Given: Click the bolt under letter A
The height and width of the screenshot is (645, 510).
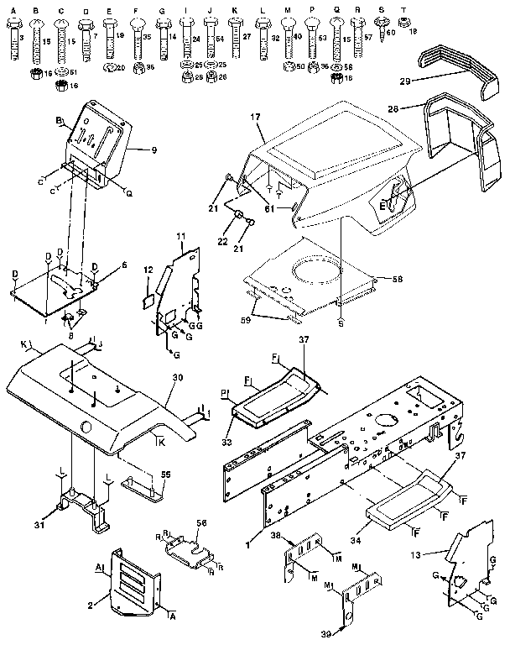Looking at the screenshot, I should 12,42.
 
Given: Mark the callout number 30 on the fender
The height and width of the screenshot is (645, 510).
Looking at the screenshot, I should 176,379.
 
